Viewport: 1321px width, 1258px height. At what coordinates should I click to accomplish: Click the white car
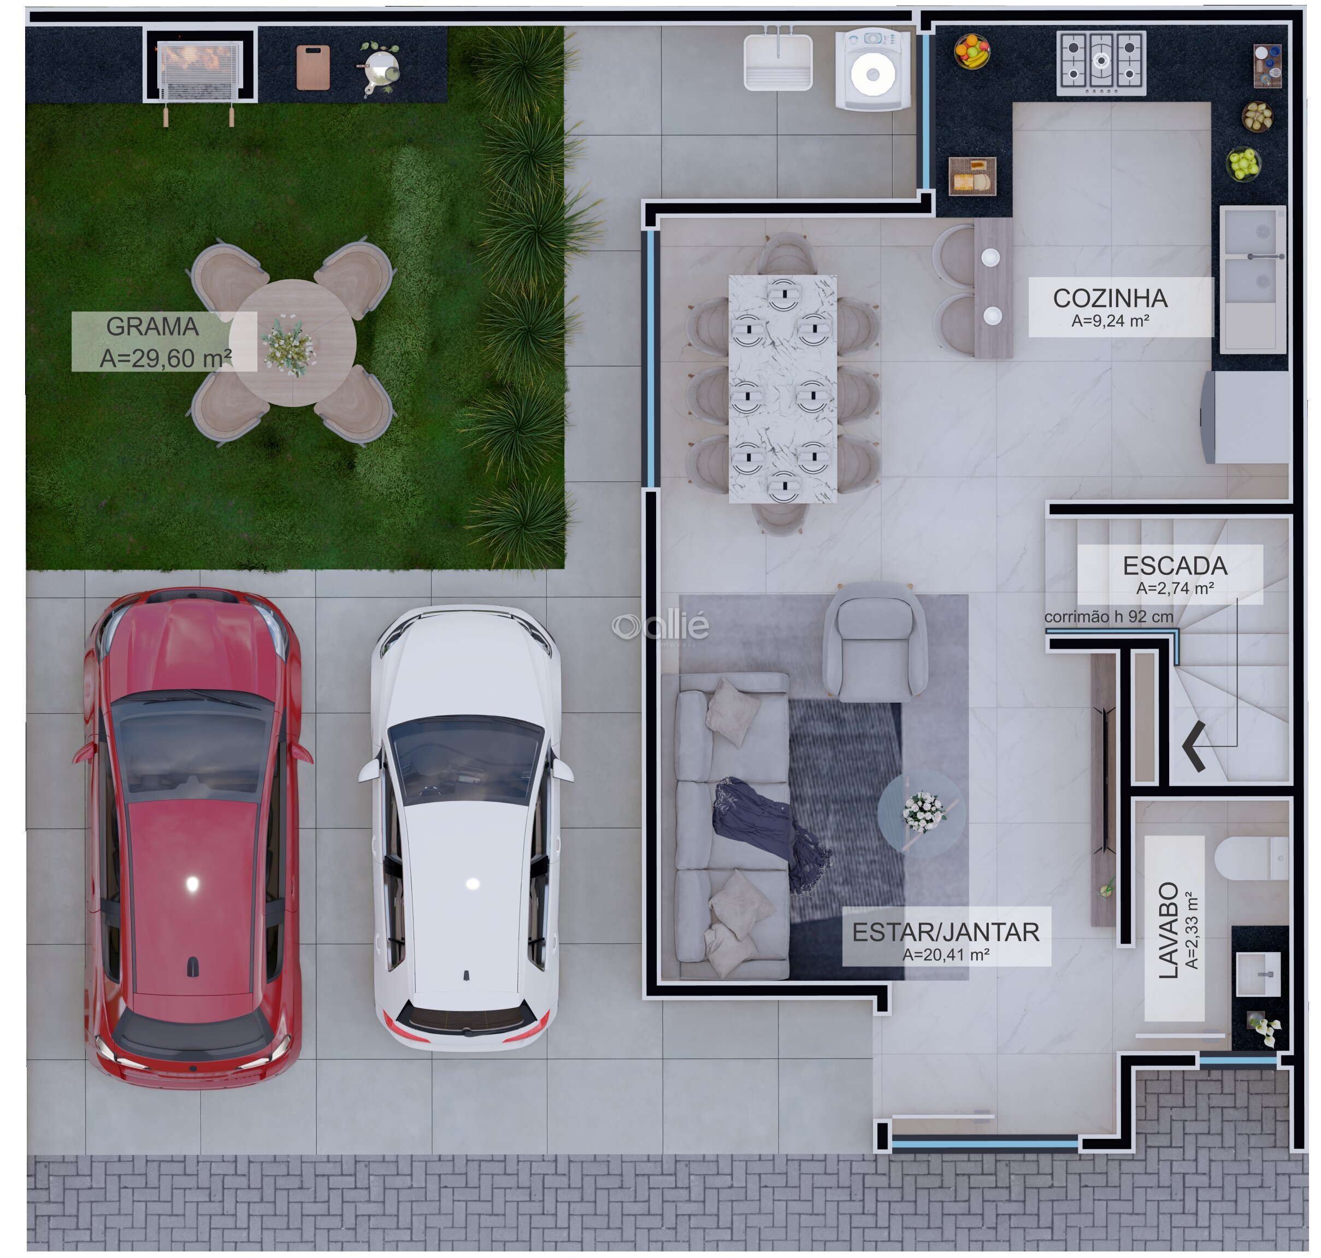(x=467, y=828)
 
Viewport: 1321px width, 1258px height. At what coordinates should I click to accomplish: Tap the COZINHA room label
(x=1110, y=298)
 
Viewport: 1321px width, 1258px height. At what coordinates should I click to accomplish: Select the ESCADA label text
(x=1175, y=566)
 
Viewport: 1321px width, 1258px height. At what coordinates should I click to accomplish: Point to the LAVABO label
(x=1168, y=930)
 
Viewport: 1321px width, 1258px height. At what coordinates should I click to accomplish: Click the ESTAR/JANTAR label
(x=946, y=932)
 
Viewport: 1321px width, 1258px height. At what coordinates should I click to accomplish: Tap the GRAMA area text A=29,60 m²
(x=166, y=358)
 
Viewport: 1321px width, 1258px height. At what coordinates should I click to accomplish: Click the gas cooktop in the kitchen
(x=1101, y=63)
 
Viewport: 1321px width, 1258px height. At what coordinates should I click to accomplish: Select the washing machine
(x=872, y=68)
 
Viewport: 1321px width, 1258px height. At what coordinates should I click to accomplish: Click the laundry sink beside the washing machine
(x=778, y=62)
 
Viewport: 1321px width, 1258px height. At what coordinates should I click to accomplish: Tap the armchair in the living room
(x=875, y=641)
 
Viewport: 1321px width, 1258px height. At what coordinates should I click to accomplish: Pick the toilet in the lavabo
(x=1251, y=859)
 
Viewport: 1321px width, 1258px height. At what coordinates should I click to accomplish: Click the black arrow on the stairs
(x=1194, y=746)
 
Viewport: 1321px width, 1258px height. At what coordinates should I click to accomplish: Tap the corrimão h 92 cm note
(x=1108, y=616)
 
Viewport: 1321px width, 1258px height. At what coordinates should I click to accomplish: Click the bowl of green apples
(x=1244, y=163)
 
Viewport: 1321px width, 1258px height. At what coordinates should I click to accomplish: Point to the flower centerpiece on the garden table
(x=288, y=346)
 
